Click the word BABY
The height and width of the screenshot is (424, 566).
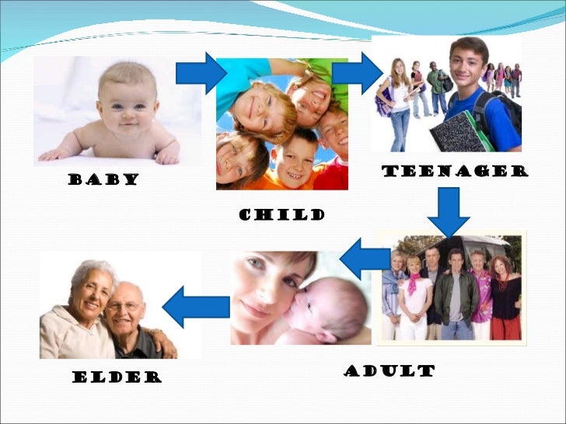[103, 179]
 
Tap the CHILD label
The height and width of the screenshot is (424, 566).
[281, 214]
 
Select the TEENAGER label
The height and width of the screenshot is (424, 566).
[455, 172]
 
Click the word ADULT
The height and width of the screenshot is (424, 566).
[389, 370]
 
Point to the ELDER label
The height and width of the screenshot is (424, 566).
[117, 377]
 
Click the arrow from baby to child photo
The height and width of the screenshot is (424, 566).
[201, 73]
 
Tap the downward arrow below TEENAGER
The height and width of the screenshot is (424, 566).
[449, 210]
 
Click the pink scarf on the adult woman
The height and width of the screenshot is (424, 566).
[414, 282]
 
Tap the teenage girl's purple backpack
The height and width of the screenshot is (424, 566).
[383, 102]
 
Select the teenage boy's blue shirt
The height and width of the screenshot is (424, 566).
[498, 120]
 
